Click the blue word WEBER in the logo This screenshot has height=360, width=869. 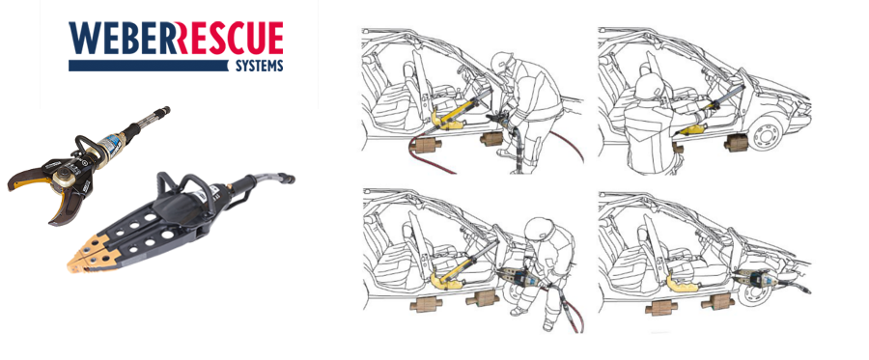(x=123, y=39)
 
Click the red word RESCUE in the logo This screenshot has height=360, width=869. (x=230, y=39)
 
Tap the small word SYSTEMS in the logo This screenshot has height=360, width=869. (x=260, y=66)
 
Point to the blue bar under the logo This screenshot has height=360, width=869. (x=149, y=66)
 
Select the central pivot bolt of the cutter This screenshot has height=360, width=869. (x=63, y=180)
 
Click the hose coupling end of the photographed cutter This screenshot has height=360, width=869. (x=161, y=111)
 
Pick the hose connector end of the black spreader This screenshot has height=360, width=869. (x=287, y=179)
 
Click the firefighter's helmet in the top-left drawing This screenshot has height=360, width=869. (x=502, y=63)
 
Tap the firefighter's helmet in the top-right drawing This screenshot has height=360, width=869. (x=649, y=87)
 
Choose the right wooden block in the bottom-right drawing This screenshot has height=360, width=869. (x=717, y=302)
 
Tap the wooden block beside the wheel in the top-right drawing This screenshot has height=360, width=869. (x=736, y=143)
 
